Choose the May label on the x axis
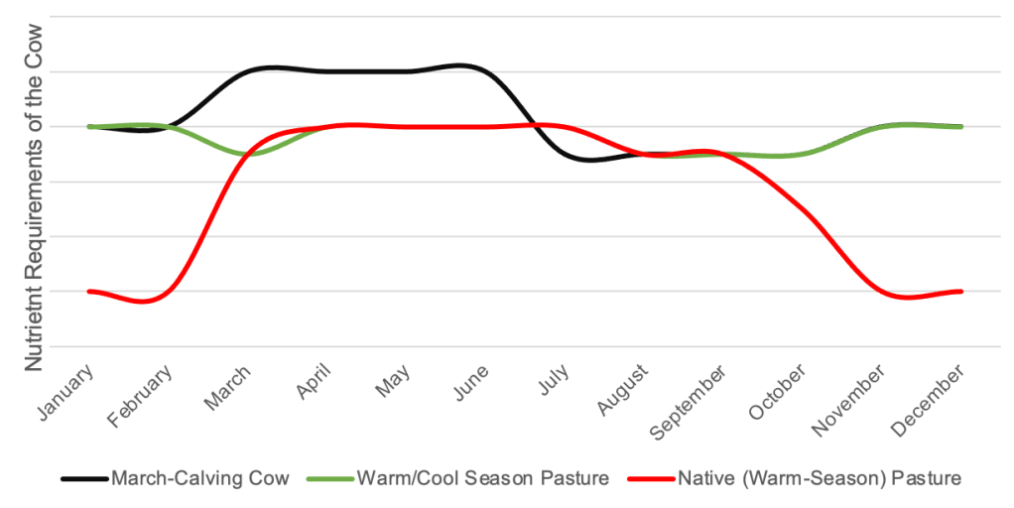click(x=394, y=381)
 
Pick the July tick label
click(x=554, y=381)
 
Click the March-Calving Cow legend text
click(x=200, y=478)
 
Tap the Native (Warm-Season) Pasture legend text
click(x=820, y=478)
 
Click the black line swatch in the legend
click(x=83, y=479)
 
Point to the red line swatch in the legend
click(x=650, y=479)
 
